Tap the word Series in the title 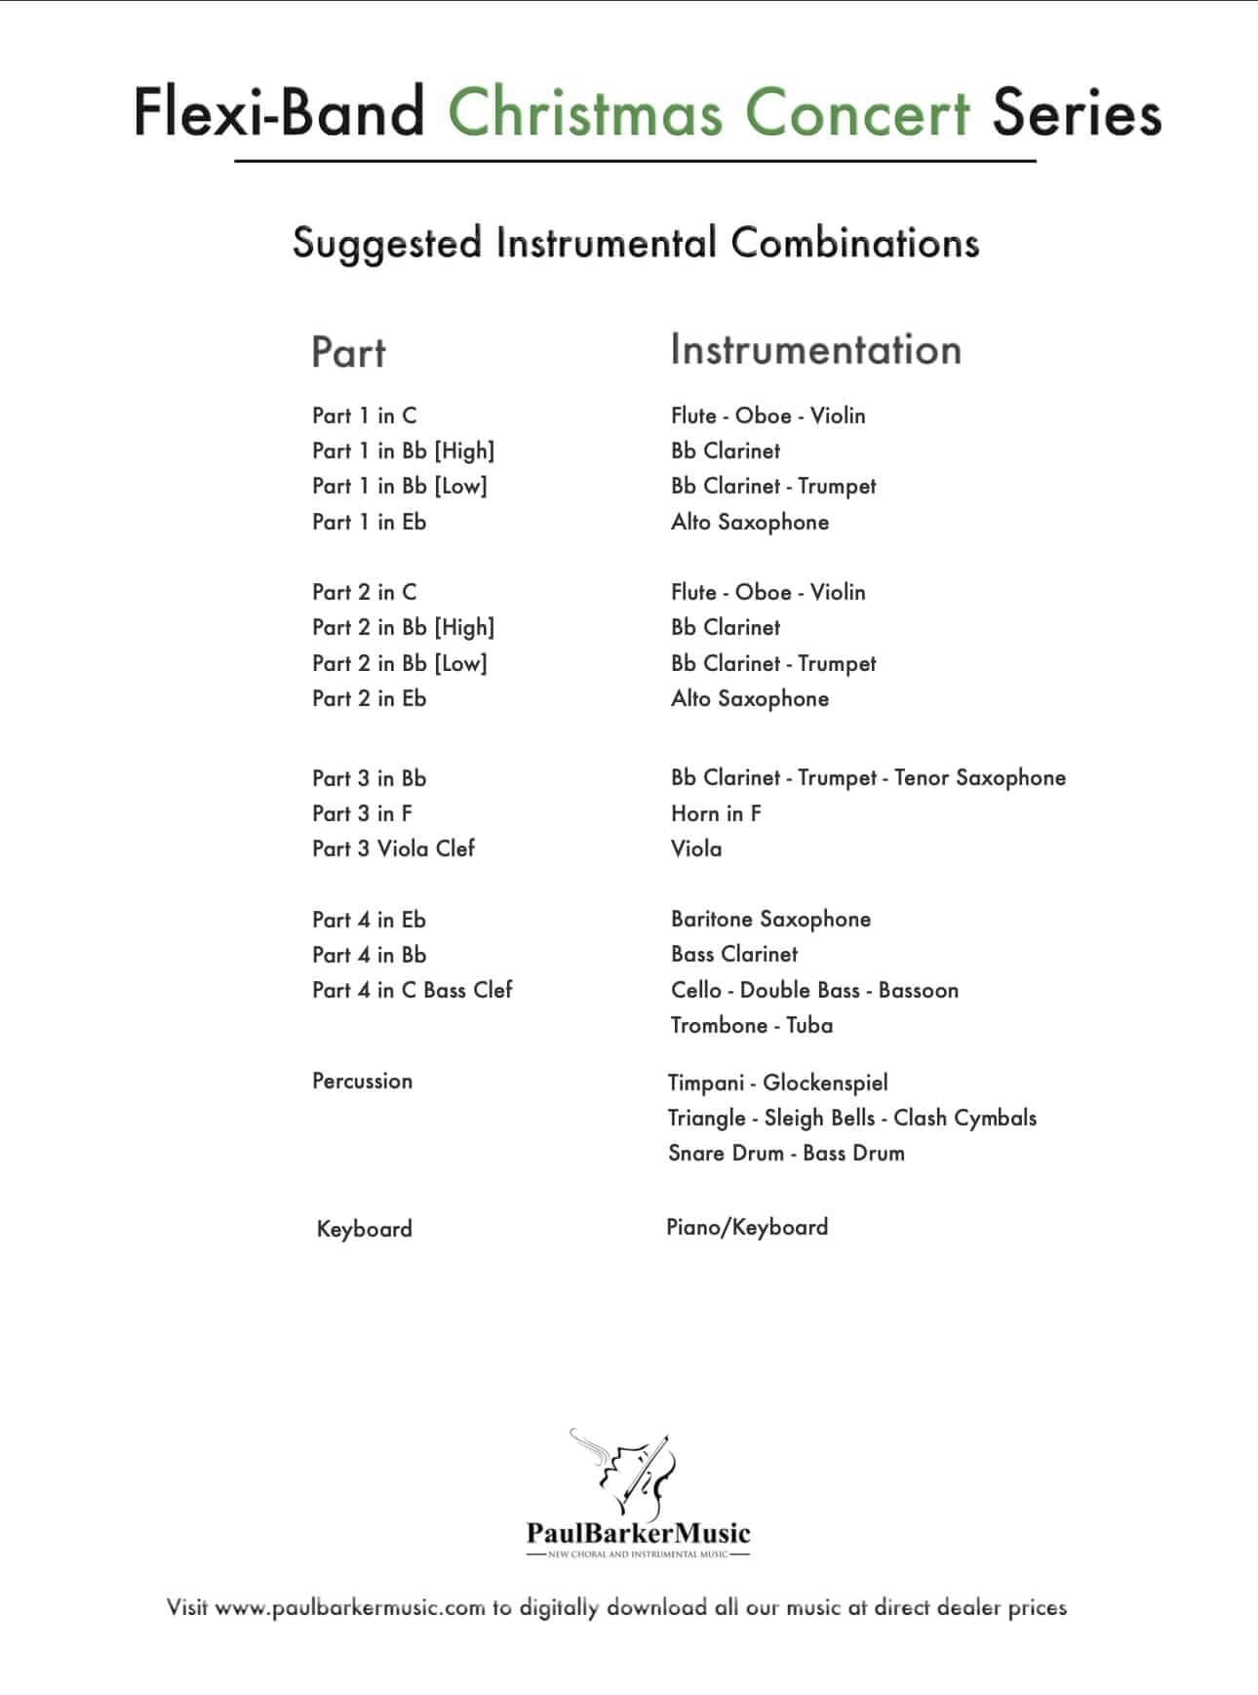pyautogui.click(x=1077, y=112)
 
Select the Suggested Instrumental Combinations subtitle pyautogui.click(x=636, y=243)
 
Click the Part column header pyautogui.click(x=348, y=352)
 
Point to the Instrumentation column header pyautogui.click(x=815, y=350)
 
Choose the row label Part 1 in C pyautogui.click(x=364, y=415)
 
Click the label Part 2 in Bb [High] pyautogui.click(x=403, y=627)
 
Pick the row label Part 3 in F pyautogui.click(x=362, y=813)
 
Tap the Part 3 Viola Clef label pyautogui.click(x=393, y=848)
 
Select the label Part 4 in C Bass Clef pyautogui.click(x=412, y=990)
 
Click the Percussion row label pyautogui.click(x=362, y=1081)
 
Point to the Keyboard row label pyautogui.click(x=364, y=1229)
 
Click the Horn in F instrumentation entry pyautogui.click(x=716, y=813)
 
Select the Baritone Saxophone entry pyautogui.click(x=770, y=919)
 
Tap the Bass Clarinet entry pyautogui.click(x=734, y=954)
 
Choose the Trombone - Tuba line pyautogui.click(x=751, y=1025)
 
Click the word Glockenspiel pyautogui.click(x=825, y=1083)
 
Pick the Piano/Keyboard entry pyautogui.click(x=747, y=1227)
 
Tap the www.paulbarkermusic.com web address pyautogui.click(x=349, y=1607)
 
